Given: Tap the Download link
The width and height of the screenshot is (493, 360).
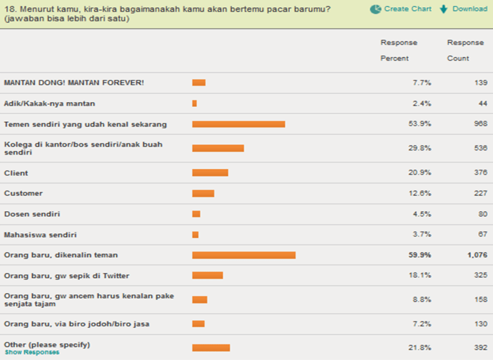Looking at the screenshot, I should tap(463, 9).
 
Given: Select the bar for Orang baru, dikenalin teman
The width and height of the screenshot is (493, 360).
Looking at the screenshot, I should tap(244, 255).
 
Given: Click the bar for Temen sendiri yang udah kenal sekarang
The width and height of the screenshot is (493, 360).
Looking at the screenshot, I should tap(238, 124).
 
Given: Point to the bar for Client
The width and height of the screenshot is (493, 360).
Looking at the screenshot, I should tap(210, 173).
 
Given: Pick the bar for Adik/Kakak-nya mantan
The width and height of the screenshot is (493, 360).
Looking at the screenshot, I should tap(195, 103).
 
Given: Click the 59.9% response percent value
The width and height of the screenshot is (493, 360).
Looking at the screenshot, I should tap(421, 255).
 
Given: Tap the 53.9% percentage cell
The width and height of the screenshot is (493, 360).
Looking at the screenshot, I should tap(421, 124).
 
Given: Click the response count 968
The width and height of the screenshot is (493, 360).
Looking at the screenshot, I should tap(479, 124).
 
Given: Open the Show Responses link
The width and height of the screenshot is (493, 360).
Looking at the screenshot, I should tap(32, 352).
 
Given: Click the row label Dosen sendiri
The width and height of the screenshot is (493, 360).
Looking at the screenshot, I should tap(32, 214).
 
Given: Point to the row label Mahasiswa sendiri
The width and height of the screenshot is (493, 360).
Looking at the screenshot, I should tap(40, 235).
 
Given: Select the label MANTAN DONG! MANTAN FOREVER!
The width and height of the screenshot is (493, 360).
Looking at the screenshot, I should tap(74, 82).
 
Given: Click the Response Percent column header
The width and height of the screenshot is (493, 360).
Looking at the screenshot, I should tap(399, 50).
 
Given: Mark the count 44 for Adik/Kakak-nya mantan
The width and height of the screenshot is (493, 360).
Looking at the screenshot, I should tap(481, 103).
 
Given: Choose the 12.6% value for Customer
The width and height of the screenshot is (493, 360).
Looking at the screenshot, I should tap(421, 193).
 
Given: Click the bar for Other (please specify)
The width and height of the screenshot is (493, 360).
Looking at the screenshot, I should tap(211, 347).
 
